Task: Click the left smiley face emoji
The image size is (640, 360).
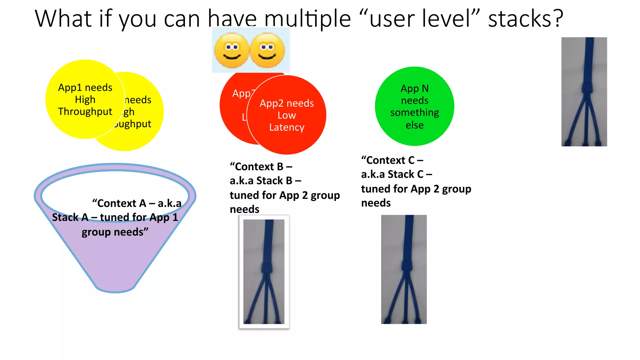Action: point(232,50)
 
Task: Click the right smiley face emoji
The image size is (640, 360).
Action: point(267,50)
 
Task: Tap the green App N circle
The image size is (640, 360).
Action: point(414,106)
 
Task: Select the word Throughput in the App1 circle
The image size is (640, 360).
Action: point(85,112)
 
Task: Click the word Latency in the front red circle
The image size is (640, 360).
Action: point(287,127)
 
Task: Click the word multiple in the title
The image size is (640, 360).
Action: point(307,19)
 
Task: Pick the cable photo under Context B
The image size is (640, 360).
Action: point(264,272)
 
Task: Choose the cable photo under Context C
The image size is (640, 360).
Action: point(404,269)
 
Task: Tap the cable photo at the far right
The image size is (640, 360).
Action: point(584,92)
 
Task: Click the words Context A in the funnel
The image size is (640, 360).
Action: point(122,203)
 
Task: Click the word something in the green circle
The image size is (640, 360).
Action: point(414,112)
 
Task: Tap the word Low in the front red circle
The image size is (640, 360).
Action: point(287,115)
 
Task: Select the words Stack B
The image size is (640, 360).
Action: point(274,181)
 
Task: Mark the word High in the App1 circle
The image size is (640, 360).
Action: point(85,100)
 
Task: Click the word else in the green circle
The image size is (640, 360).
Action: point(414,125)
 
